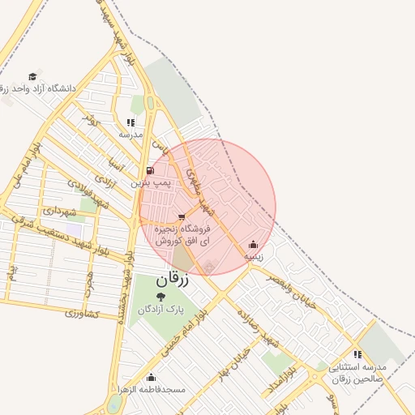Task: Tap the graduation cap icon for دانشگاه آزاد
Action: click(32, 76)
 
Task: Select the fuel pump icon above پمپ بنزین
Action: click(151, 171)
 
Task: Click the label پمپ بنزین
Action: click(152, 184)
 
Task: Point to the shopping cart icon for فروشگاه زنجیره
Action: click(181, 216)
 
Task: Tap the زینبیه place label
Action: click(254, 255)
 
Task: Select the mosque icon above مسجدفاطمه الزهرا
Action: click(151, 377)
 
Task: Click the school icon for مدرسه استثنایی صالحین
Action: click(357, 354)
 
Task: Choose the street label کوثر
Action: click(90, 119)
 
